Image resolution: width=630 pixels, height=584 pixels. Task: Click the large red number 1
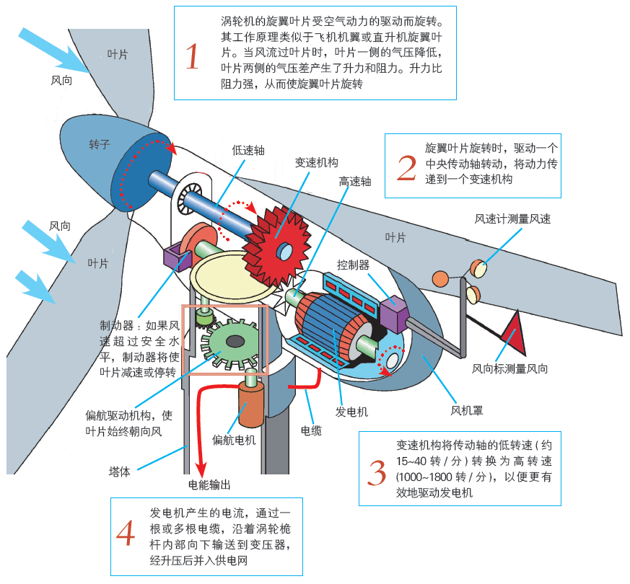pyautogui.click(x=192, y=56)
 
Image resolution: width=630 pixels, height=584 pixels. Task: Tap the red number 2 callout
pyautogui.click(x=406, y=167)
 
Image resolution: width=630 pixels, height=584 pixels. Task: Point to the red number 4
pyautogui.click(x=126, y=534)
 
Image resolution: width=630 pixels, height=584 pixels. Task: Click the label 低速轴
pyautogui.click(x=248, y=151)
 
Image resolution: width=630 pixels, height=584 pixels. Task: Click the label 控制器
pyautogui.click(x=353, y=265)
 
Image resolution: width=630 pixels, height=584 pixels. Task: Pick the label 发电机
pyautogui.click(x=351, y=412)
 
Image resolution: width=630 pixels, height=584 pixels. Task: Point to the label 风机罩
pyautogui.click(x=467, y=412)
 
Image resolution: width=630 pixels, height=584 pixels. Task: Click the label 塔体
pyautogui.click(x=119, y=472)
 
